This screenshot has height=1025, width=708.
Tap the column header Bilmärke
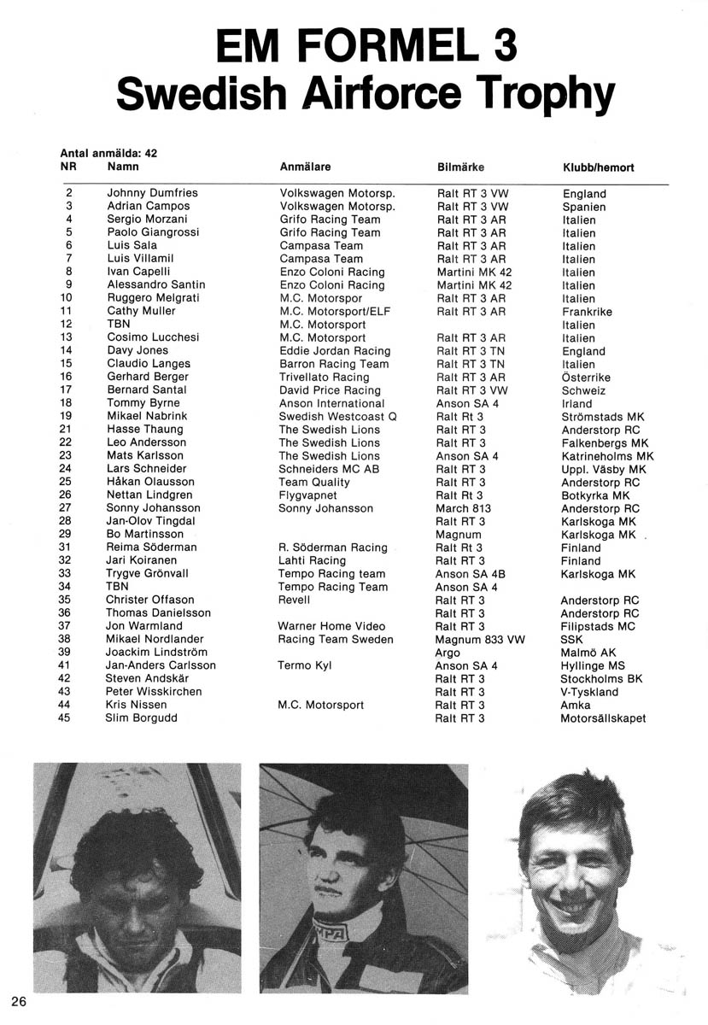[460, 167]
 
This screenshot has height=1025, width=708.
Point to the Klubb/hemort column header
[598, 167]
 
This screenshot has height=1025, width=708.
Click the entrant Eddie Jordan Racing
[335, 350]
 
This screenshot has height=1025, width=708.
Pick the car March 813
[461, 508]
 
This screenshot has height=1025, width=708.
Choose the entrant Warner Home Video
[331, 626]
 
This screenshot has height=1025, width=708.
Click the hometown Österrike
[586, 377]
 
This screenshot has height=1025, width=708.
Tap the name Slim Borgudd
[142, 717]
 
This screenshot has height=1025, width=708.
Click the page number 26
[20, 1000]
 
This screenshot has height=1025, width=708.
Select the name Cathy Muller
[142, 312]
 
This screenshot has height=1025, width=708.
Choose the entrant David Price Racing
[330, 389]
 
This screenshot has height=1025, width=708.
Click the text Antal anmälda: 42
[108, 153]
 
